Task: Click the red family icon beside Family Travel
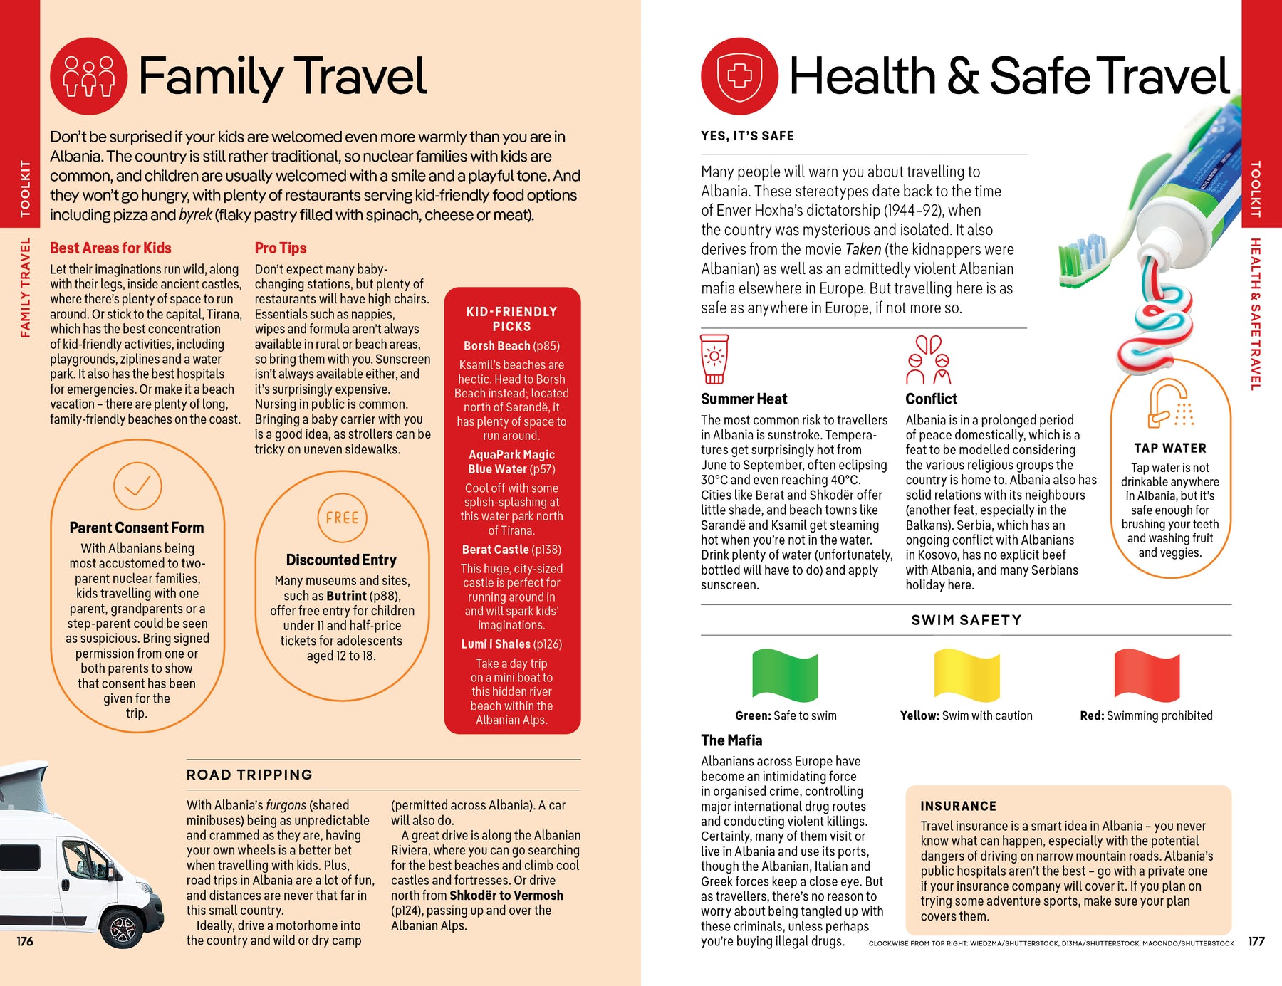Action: click(89, 76)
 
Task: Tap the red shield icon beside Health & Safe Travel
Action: click(739, 76)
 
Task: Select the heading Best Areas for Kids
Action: click(110, 248)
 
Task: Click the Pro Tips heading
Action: click(281, 248)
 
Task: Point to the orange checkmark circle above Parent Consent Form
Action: click(137, 486)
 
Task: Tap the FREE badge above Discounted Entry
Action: click(342, 518)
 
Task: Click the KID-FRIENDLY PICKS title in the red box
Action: click(511, 319)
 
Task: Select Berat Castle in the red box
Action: click(496, 550)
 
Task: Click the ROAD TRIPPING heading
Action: click(249, 775)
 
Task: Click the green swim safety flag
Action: click(785, 675)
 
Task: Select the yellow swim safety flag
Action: click(966, 675)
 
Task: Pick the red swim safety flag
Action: click(1147, 675)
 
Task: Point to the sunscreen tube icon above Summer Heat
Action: click(714, 359)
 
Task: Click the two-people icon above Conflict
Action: click(929, 360)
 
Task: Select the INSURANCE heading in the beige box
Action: click(958, 806)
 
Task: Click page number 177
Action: click(1256, 941)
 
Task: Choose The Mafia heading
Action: click(731, 740)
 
